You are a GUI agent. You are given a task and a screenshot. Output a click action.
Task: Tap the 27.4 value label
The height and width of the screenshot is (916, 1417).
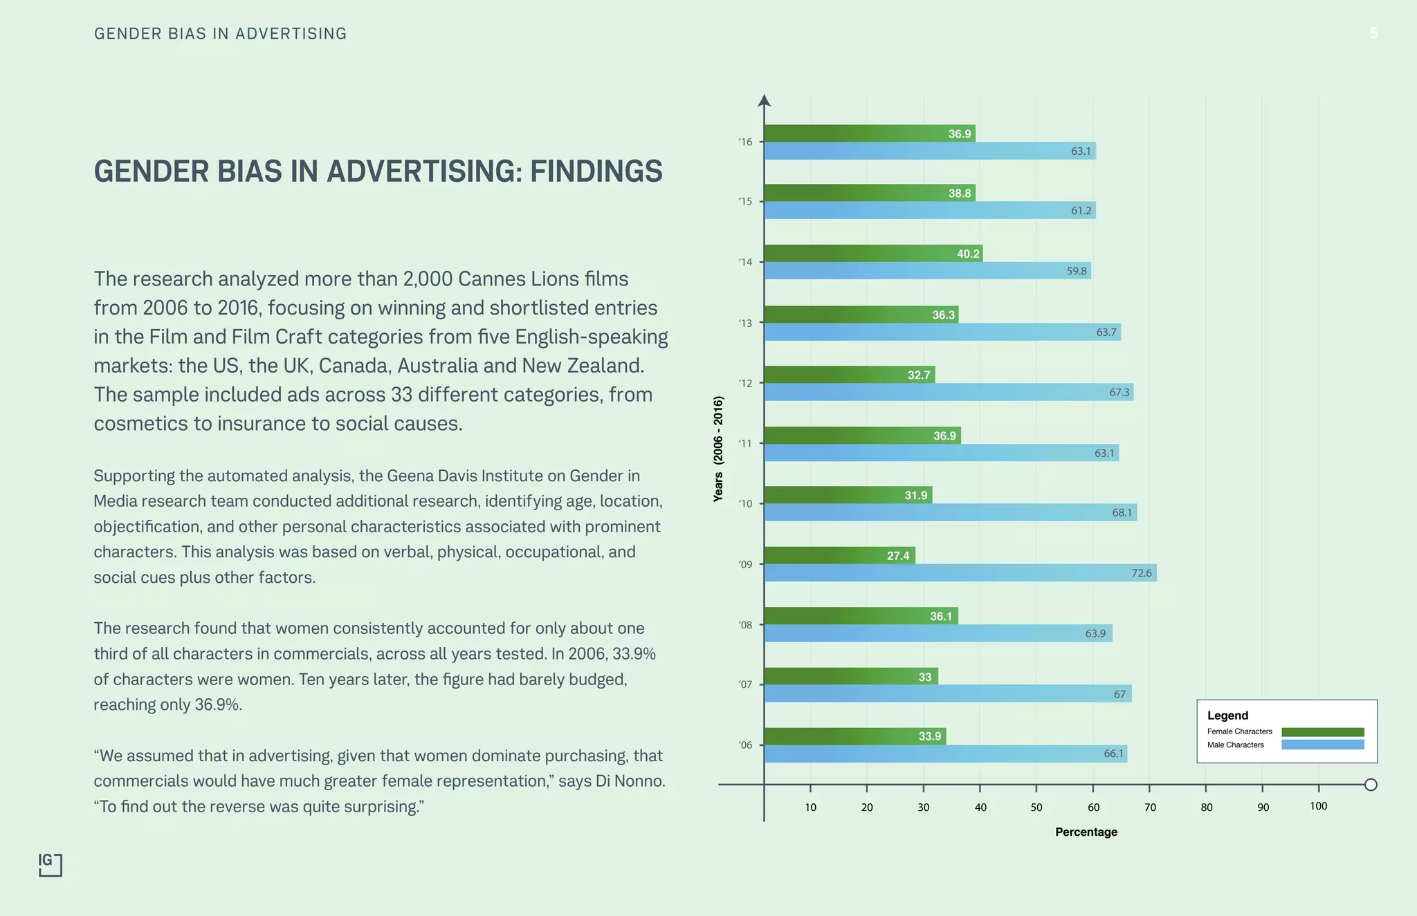pos(898,556)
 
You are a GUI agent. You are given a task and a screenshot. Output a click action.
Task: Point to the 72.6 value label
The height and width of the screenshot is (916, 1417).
pos(1142,573)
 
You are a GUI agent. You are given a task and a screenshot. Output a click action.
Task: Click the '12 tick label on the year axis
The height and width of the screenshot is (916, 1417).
pos(745,383)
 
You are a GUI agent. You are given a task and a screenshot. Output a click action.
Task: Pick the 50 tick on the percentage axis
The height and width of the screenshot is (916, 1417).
pos(1036,807)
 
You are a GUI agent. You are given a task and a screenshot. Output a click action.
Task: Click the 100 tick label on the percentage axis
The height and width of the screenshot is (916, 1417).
pos(1318,806)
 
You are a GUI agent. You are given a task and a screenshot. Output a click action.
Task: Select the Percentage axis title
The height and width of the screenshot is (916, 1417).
pos(1086,832)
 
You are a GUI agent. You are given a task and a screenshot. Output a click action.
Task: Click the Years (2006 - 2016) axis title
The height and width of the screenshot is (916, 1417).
pos(718,449)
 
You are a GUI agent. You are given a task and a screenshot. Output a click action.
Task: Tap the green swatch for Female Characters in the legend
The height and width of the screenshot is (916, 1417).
pos(1322,732)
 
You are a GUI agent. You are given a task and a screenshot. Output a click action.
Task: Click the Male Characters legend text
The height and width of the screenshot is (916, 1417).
pos(1235,745)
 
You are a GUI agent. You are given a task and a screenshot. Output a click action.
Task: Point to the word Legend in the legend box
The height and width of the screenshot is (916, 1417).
pos(1227,716)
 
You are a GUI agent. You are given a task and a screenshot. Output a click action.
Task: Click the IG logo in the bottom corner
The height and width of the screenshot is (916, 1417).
pos(50,864)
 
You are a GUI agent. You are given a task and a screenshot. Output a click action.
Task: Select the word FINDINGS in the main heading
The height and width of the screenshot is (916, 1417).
pos(596,171)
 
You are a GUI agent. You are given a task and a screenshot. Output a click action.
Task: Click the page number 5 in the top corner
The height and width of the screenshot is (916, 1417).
pos(1373,33)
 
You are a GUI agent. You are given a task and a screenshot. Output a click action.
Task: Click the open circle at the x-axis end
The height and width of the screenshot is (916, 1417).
pos(1371,785)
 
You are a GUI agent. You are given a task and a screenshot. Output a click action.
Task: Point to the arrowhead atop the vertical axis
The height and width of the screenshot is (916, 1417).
pos(764,101)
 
